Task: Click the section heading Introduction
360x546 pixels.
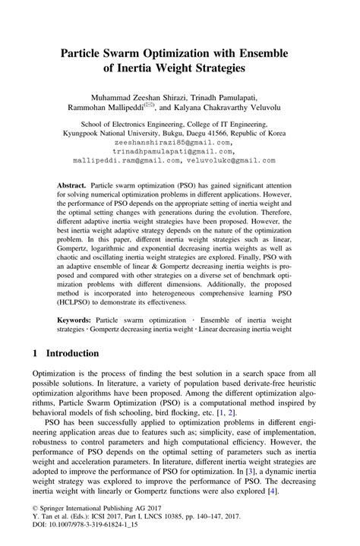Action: (x=72, y=354)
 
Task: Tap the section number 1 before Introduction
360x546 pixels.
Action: (x=36, y=354)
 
